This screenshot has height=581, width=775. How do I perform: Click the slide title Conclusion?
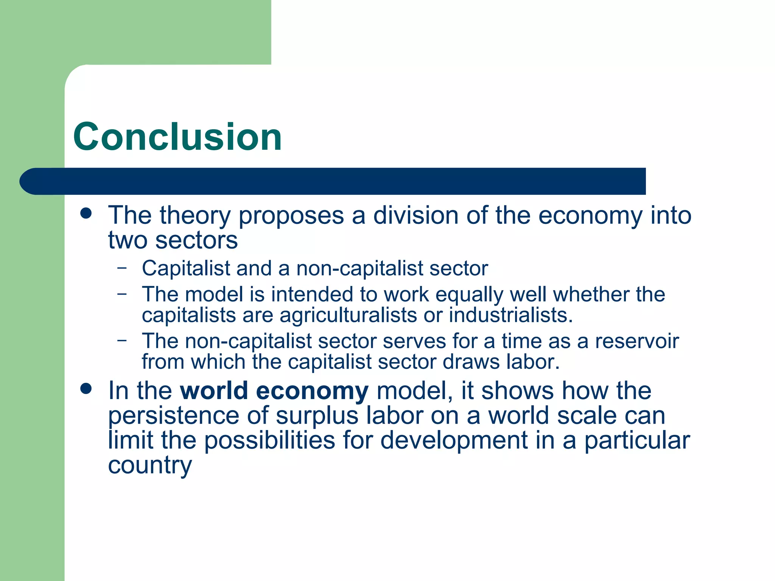pyautogui.click(x=177, y=137)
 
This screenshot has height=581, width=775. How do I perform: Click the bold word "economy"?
pyautogui.click(x=312, y=391)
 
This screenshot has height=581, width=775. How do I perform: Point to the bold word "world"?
pyautogui.click(x=214, y=390)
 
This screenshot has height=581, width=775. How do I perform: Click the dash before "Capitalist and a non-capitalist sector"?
pyautogui.click(x=122, y=268)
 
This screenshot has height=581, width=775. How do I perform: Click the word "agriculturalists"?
pyautogui.click(x=348, y=315)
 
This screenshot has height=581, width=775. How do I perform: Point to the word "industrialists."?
pyautogui.click(x=511, y=315)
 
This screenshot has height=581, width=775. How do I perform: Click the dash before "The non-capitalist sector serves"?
pyautogui.click(x=122, y=340)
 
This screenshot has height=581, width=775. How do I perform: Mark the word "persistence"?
pyautogui.click(x=174, y=416)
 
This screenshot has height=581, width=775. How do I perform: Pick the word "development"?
pyautogui.click(x=454, y=441)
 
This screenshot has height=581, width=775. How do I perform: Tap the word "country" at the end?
pyautogui.click(x=150, y=466)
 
